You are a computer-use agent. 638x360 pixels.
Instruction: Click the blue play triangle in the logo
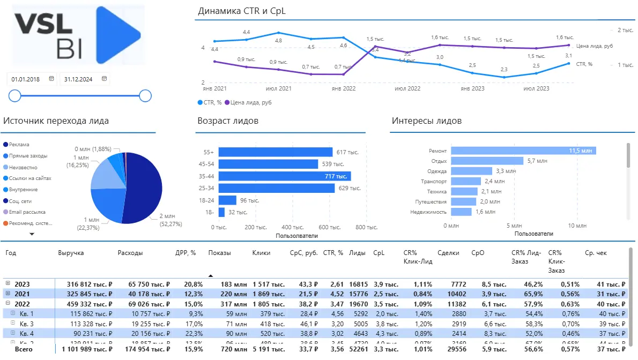pyautogui.click(x=117, y=35)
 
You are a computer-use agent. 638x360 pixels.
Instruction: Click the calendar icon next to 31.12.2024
pyautogui.click(x=105, y=79)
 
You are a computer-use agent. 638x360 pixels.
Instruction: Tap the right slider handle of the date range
pyautogui.click(x=145, y=96)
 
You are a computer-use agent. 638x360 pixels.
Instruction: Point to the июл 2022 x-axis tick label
pyautogui.click(x=407, y=88)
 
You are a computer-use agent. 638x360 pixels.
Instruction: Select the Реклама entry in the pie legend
pyautogui.click(x=19, y=145)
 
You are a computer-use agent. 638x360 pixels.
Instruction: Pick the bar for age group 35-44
pyautogui.click(x=284, y=176)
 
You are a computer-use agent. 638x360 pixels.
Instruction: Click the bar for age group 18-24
pyautogui.click(x=227, y=200)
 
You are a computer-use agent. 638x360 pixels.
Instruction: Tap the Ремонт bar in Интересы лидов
pyautogui.click(x=523, y=151)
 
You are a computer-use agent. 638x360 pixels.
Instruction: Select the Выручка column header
pyautogui.click(x=71, y=252)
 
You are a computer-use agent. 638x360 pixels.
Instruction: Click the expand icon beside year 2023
pyautogui.click(x=8, y=283)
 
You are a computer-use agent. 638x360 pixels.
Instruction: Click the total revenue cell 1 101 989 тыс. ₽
pyautogui.click(x=86, y=349)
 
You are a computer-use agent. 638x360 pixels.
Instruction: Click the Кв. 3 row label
pyautogui.click(x=27, y=324)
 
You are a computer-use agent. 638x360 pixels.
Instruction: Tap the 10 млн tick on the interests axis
pyautogui.click(x=576, y=226)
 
